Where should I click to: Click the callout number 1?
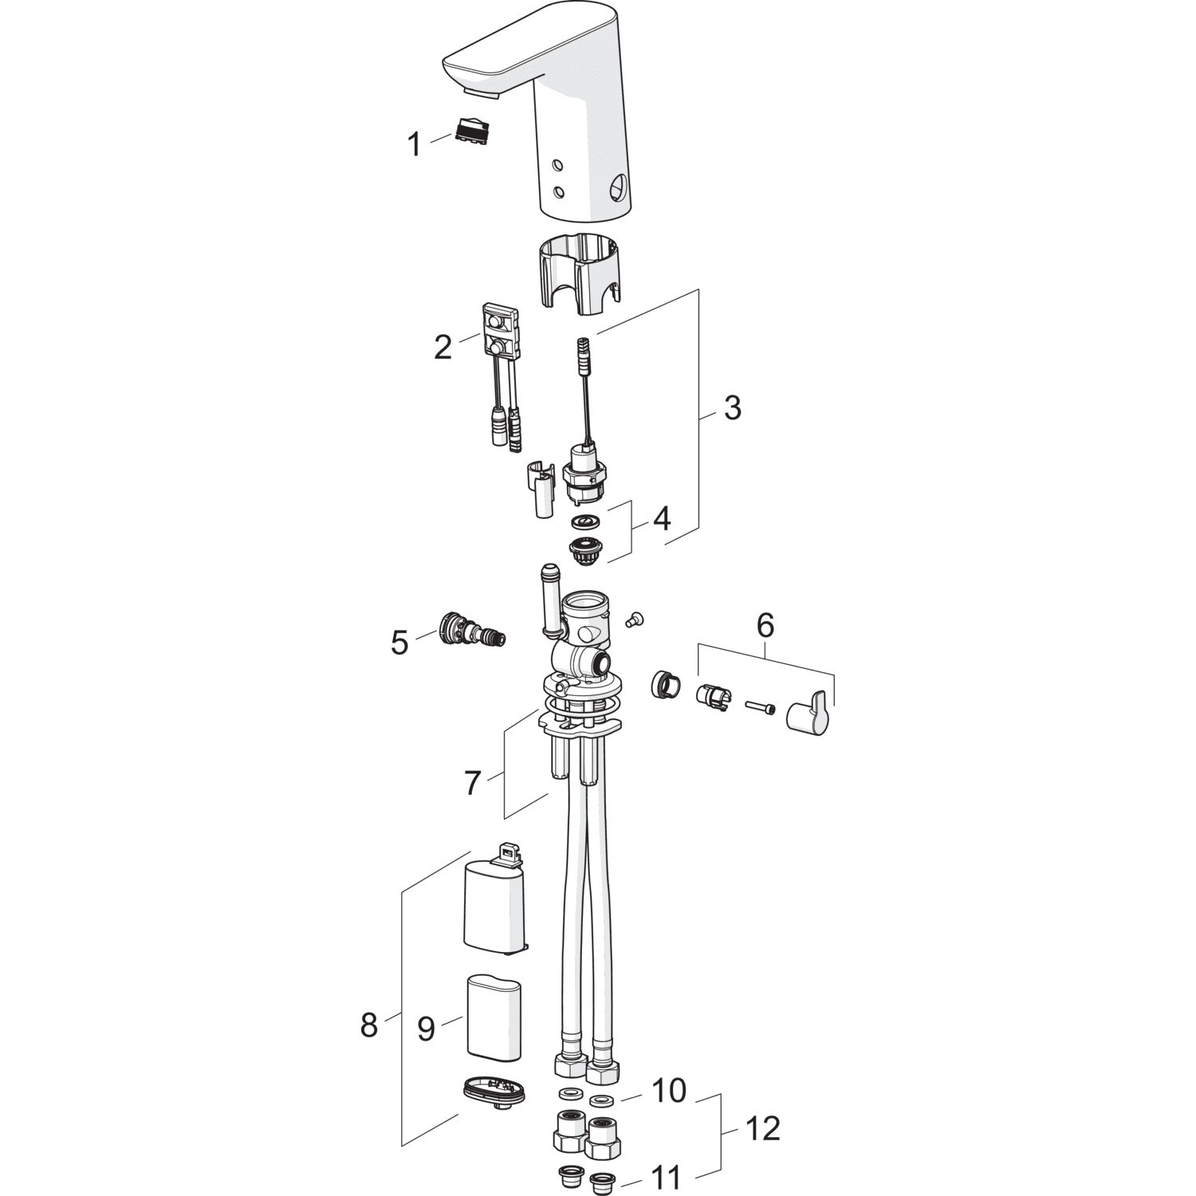(414, 145)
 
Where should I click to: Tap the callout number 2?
(443, 347)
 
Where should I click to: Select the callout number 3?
(732, 407)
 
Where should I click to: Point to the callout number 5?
(399, 642)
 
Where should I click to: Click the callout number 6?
(765, 626)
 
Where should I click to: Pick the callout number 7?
(473, 783)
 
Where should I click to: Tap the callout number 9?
(427, 1029)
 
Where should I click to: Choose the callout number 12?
(763, 1128)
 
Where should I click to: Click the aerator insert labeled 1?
(471, 131)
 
